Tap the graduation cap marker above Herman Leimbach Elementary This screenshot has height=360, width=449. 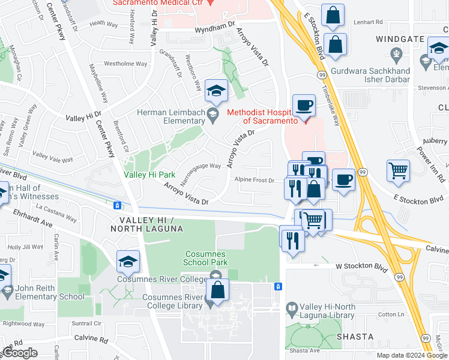216,91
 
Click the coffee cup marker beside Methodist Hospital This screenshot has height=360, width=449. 304,106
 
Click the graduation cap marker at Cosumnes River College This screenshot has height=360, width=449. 128,262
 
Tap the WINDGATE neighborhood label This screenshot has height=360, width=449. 396,39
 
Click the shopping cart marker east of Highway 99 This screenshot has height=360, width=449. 398,172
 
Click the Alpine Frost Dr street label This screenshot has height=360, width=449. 254,180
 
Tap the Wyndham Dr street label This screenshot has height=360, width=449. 214,28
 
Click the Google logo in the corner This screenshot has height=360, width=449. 19,353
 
